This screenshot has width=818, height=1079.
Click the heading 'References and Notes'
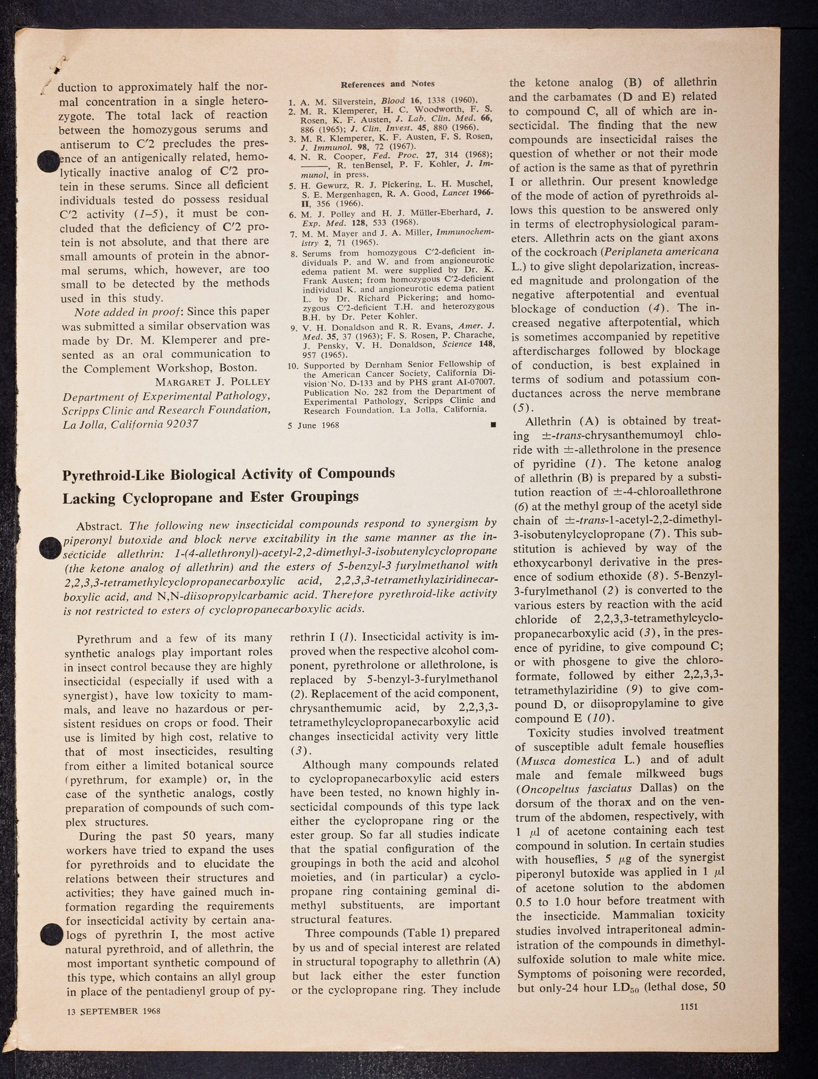point(387,84)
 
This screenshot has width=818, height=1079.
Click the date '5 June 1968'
point(314,425)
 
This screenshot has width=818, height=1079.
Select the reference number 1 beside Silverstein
point(291,101)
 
